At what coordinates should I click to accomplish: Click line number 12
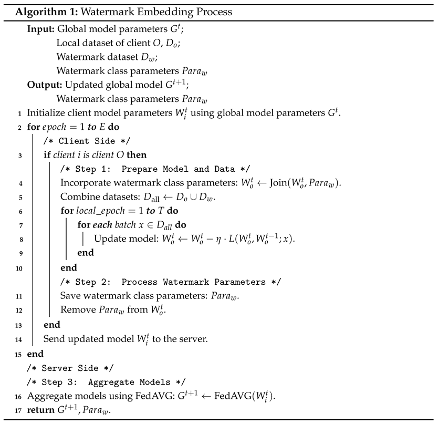click(x=18, y=310)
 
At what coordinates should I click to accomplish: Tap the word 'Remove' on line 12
click(x=76, y=310)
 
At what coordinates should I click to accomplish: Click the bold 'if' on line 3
click(x=47, y=155)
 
